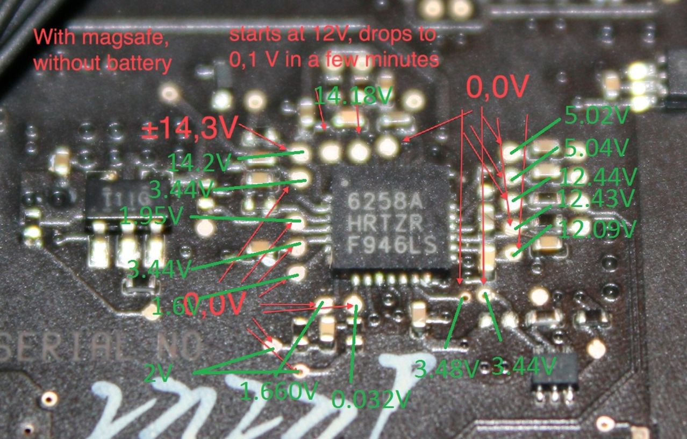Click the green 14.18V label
point(353,96)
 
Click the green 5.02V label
point(596,116)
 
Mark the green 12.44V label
point(598,175)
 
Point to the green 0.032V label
point(371,399)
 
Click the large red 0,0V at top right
point(498,86)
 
